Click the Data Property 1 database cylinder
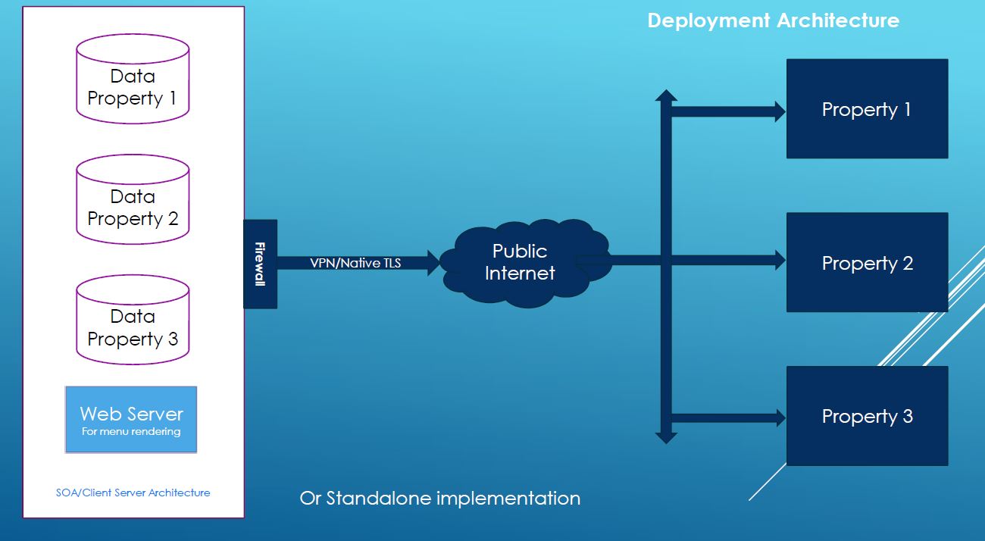point(133,79)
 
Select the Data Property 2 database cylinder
point(133,199)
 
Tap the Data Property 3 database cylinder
point(133,320)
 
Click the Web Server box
point(131,420)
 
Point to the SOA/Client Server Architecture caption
point(133,493)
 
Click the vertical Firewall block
point(261,264)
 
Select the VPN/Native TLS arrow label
point(355,263)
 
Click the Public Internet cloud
point(526,263)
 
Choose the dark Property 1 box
point(867,108)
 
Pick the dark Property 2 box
point(867,262)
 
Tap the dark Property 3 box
point(867,416)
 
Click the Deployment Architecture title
point(774,20)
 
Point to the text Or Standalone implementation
point(439,499)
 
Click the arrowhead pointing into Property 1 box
point(780,111)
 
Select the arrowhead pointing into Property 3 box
point(780,417)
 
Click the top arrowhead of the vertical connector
point(666,95)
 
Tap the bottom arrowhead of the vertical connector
point(666,439)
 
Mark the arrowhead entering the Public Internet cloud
point(433,263)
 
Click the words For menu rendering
point(131,431)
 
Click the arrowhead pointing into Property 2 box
point(780,261)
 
